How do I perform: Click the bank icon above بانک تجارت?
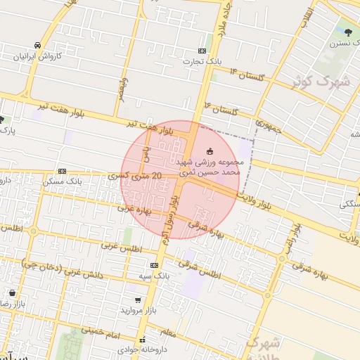point(202,51)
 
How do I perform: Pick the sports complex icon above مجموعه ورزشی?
point(210,151)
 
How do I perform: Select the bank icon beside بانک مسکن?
point(63,171)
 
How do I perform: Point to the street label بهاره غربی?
point(135,210)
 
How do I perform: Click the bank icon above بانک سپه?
point(154,265)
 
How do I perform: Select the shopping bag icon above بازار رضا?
point(12,292)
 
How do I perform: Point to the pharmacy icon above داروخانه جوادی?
point(141,339)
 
